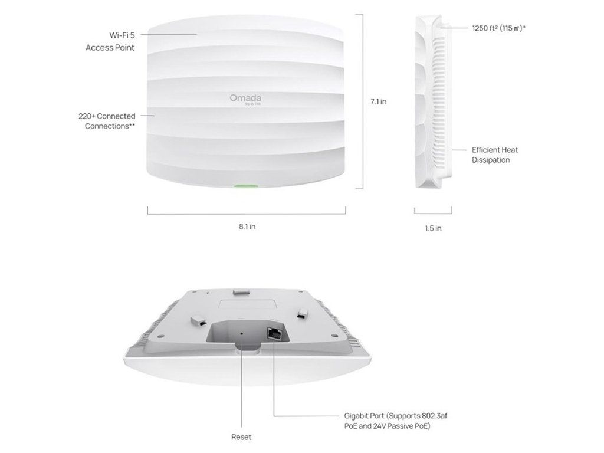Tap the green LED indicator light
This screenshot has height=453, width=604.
247,186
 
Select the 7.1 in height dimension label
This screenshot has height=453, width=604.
378,101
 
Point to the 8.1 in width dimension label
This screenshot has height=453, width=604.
247,226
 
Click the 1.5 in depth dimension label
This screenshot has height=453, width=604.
433,228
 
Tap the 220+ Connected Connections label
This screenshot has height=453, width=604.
107,121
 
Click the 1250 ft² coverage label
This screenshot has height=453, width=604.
499,27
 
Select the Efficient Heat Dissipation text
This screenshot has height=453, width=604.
495,155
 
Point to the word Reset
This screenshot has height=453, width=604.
241,437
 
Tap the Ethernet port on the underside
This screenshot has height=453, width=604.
275,333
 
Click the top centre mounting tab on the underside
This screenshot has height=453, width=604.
240,291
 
